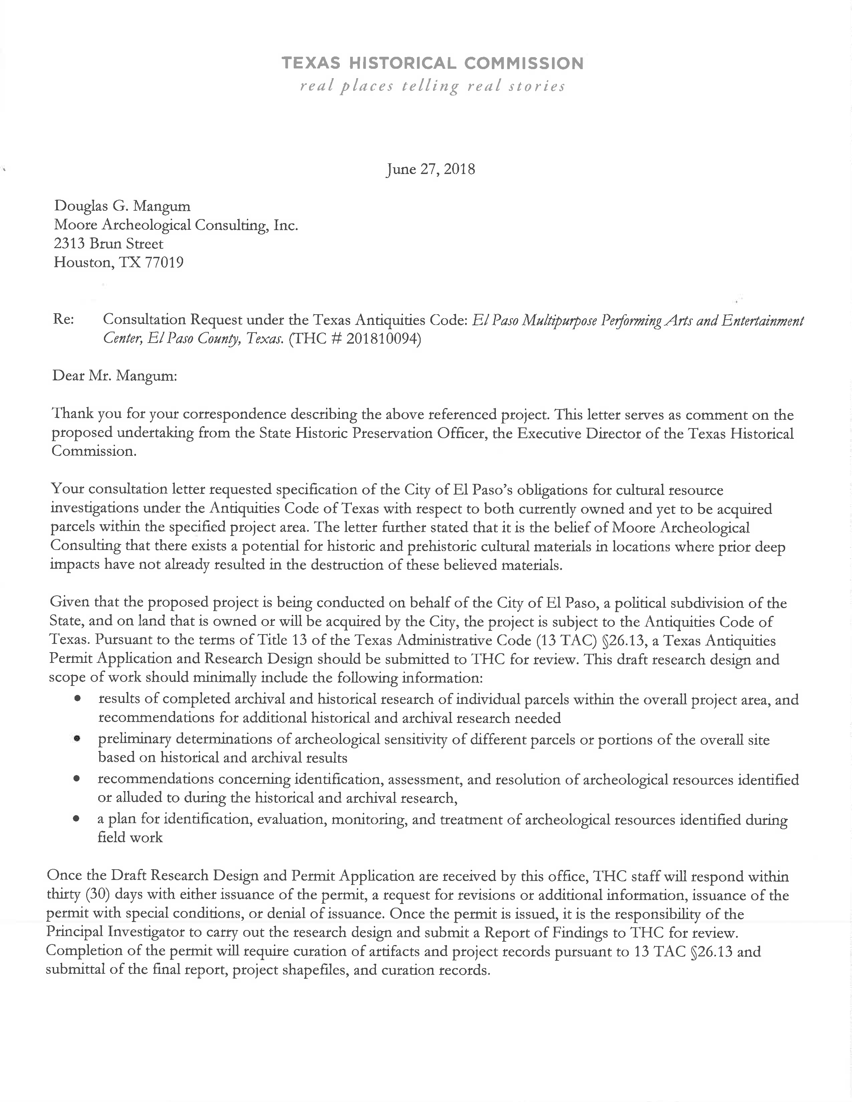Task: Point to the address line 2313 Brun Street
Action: [109, 244]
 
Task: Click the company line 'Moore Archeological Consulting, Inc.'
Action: [176, 225]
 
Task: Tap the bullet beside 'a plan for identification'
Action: [77, 819]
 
